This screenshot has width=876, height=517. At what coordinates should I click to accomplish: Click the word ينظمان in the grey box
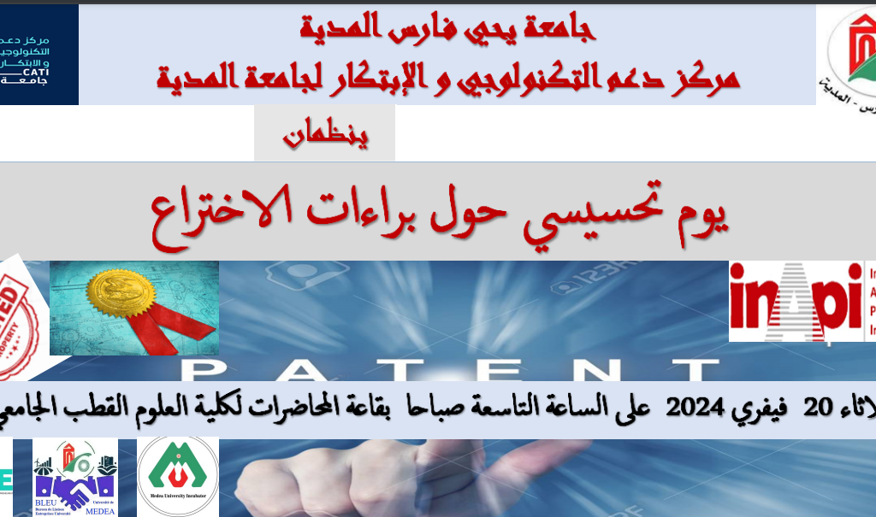click(325, 135)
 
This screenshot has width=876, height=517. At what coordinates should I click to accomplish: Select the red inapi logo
click(796, 301)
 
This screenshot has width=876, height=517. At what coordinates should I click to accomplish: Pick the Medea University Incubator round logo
click(178, 477)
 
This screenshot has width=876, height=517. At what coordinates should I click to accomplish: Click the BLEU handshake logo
click(74, 479)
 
